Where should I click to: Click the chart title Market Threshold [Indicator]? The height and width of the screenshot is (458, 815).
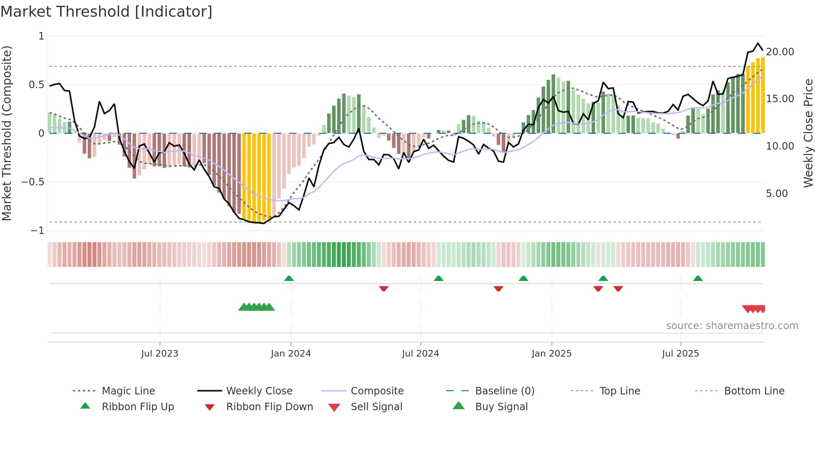106,12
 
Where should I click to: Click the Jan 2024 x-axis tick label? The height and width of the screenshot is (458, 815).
291,354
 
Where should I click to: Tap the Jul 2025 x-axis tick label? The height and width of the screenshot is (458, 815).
680,354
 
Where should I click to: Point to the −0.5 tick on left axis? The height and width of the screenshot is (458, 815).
33,182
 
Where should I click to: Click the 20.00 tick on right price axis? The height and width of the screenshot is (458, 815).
780,52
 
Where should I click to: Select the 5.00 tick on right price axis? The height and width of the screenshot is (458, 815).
776,194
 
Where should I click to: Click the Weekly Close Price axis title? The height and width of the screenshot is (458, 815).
808,133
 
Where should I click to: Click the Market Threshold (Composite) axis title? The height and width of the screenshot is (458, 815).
7,133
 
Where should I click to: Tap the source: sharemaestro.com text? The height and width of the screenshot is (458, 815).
732,326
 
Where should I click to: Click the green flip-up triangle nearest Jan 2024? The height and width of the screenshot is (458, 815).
289,278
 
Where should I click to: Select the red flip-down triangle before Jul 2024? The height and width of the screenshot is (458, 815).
383,288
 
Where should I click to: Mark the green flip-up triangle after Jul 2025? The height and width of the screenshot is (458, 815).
698,278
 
